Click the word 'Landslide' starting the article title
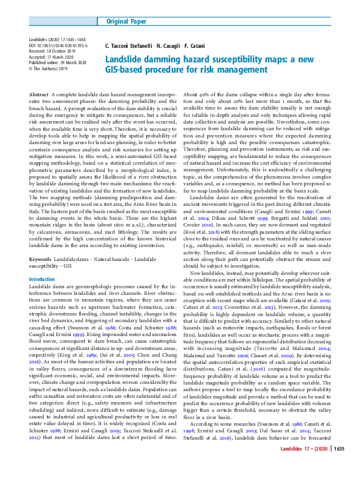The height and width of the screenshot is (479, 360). pos(126,59)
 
